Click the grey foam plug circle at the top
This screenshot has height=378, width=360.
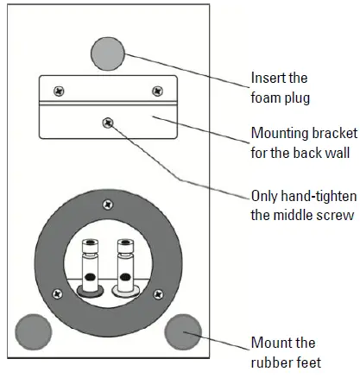[x=109, y=53]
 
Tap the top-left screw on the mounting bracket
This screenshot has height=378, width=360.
[x=59, y=91]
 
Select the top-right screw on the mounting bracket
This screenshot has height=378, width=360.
[x=156, y=91]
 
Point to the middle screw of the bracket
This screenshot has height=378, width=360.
[x=107, y=123]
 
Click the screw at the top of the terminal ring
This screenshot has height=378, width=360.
[x=107, y=205]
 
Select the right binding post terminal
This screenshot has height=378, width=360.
[x=125, y=268]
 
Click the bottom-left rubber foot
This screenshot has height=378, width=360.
[x=35, y=331]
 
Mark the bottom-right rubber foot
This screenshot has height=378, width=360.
[x=182, y=331]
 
